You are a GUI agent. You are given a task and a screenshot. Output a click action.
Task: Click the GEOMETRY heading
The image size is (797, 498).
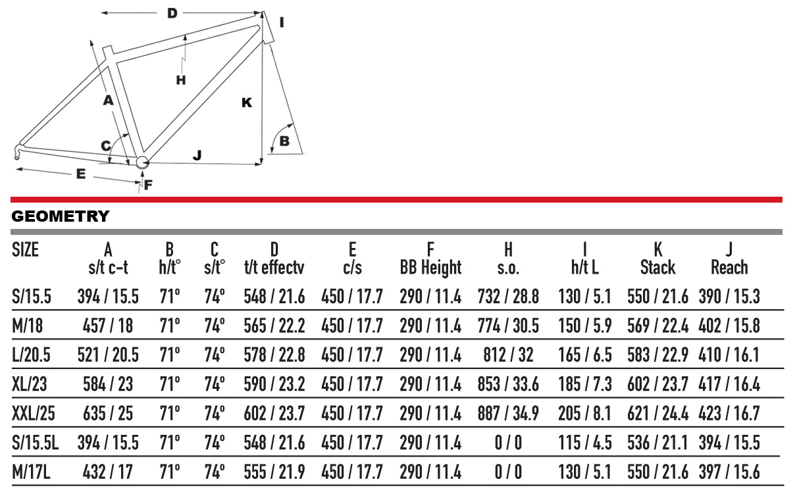point(61,216)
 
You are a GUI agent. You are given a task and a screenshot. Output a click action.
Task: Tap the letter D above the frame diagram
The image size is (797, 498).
point(172,14)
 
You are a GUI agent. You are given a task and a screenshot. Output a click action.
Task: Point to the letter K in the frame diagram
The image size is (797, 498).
point(247,103)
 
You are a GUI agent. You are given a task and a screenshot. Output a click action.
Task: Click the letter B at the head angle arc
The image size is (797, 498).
point(284,141)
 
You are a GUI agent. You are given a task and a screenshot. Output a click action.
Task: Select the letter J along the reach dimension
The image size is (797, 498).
point(197,155)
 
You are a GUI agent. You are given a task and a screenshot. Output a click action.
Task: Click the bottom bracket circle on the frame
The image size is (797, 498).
point(142,162)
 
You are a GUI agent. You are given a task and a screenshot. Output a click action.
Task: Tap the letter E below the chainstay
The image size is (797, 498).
point(81,174)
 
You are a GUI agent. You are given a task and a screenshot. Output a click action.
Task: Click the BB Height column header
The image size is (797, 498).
point(430,267)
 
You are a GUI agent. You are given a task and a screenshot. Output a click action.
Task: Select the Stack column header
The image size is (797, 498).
point(657,267)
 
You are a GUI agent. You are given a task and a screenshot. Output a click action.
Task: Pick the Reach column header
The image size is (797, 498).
point(729,267)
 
